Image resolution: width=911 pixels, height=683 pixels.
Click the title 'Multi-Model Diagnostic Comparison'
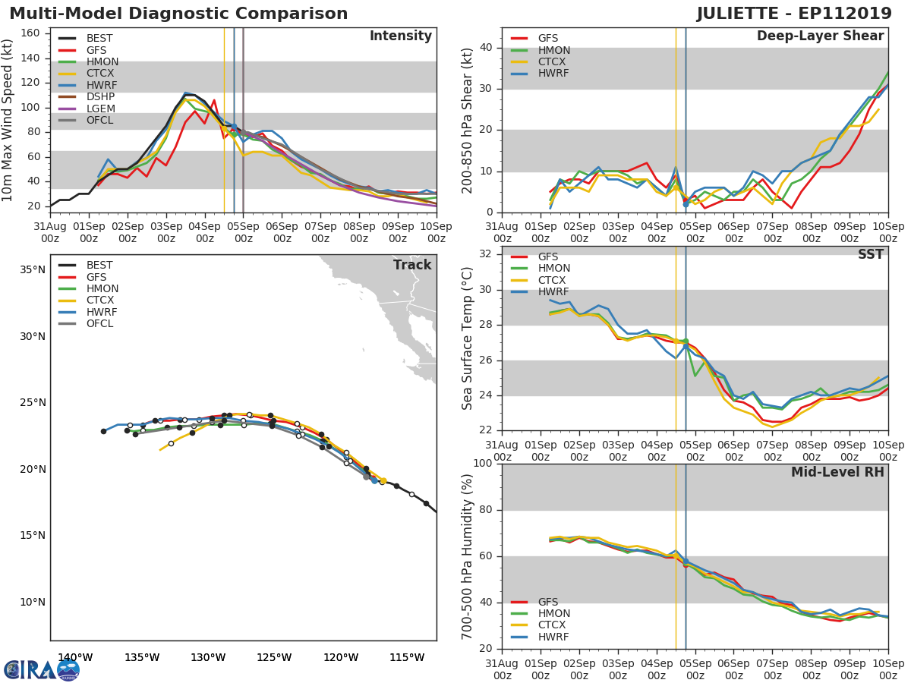point(178,14)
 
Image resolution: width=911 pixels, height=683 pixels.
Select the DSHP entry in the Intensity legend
point(100,96)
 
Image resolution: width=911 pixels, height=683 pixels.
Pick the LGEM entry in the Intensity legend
point(100,109)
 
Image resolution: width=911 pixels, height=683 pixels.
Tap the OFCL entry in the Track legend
point(99,323)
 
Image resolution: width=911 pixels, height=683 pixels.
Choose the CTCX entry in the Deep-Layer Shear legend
point(553,61)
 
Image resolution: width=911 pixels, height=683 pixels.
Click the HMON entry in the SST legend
point(553,268)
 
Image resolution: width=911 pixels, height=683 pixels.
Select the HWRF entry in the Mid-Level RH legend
point(553,637)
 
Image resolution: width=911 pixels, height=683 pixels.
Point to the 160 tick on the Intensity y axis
point(30,33)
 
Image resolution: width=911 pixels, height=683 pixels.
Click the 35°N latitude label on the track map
point(31,269)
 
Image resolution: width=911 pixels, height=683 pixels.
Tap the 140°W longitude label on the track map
point(75,657)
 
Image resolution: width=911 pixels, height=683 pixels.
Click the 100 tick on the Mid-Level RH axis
point(481,464)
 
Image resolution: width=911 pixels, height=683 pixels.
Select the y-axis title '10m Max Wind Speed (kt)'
point(8,120)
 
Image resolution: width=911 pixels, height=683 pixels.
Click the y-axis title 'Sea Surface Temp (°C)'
point(468,338)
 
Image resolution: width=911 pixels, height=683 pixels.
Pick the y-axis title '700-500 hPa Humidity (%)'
point(468,556)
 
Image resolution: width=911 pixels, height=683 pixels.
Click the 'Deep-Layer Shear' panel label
point(820,36)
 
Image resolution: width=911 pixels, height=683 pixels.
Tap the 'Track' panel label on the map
point(412,265)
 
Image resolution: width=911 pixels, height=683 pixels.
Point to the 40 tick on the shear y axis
point(485,48)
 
